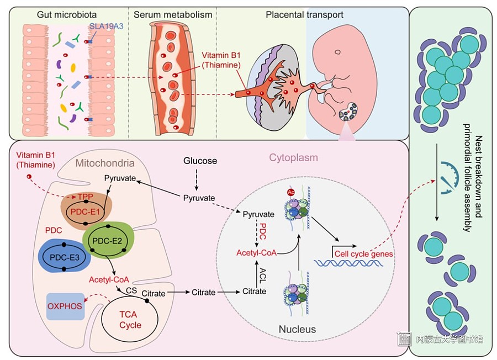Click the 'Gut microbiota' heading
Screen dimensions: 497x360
67,14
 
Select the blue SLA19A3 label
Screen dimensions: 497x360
106,26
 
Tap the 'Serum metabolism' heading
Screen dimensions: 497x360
173,14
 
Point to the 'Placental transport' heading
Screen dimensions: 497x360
304,14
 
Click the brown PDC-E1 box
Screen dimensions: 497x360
86,211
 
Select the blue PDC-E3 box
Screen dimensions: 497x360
65,257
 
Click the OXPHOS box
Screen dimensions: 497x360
65,306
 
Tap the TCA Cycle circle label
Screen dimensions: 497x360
130,320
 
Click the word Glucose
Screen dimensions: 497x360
200,161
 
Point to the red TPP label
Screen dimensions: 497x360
85,197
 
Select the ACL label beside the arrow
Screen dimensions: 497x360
263,275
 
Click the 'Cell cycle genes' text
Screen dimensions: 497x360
363,254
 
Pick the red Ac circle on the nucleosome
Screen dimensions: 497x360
290,192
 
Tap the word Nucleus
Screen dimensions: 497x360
297,329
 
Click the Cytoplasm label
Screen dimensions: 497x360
294,157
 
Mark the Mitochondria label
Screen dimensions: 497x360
105,163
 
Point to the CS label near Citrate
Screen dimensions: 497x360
131,290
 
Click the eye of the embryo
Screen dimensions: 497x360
338,52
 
